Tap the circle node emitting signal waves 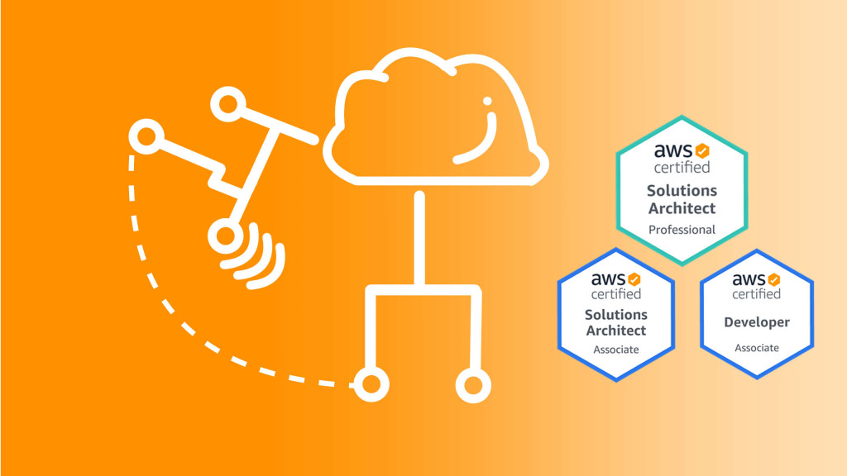[223, 237]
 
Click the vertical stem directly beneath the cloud [419, 240]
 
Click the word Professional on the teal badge [682, 230]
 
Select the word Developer [757, 322]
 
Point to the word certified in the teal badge [682, 168]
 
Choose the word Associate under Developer [757, 348]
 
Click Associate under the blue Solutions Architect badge [616, 350]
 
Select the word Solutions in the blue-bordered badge [616, 315]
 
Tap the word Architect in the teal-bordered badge [682, 207]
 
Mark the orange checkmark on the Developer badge [773, 278]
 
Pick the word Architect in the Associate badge [616, 331]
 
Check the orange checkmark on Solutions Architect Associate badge [634, 279]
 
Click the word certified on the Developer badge [757, 294]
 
